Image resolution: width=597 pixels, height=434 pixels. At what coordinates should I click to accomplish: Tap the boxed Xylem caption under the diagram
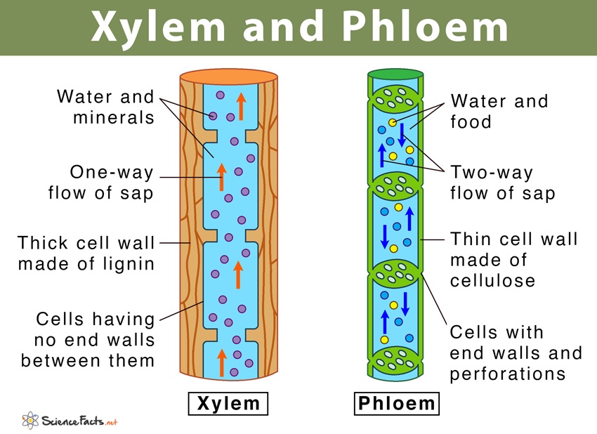[228, 404]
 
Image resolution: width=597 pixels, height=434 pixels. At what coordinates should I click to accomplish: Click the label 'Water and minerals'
[105, 107]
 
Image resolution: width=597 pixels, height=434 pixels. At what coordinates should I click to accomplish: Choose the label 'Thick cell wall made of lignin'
[86, 254]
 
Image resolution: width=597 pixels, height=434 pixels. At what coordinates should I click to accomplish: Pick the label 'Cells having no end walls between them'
[88, 340]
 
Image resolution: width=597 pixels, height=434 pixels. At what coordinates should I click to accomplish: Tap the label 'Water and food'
[499, 111]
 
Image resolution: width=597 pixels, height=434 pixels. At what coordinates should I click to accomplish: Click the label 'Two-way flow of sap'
[502, 183]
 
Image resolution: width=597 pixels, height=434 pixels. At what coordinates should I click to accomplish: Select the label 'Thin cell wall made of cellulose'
[513, 260]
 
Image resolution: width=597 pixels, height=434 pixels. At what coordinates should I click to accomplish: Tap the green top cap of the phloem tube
[396, 74]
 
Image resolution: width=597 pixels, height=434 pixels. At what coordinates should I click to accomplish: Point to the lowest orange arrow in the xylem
[222, 362]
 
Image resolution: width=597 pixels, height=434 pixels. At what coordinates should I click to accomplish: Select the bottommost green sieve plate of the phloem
[396, 360]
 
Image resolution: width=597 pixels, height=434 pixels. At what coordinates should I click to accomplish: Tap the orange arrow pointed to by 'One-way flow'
[222, 177]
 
